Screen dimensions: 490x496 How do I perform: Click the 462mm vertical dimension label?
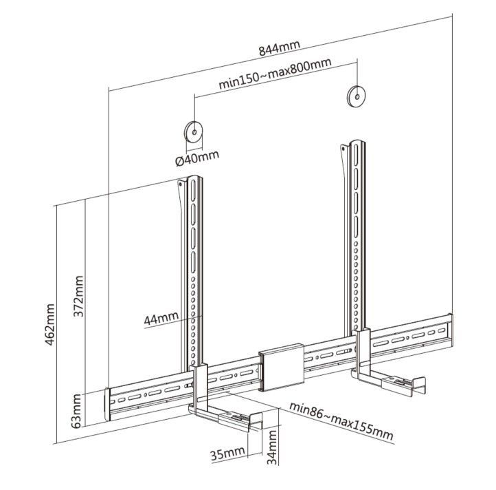(x=52, y=323)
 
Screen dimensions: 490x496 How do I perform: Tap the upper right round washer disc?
(x=356, y=96)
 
